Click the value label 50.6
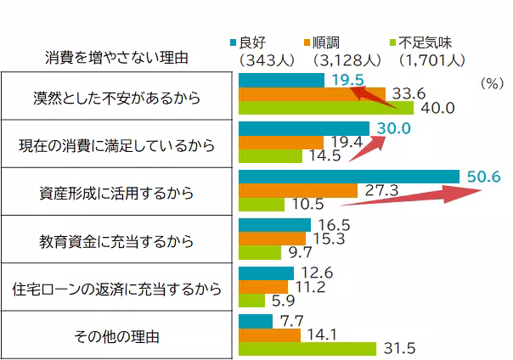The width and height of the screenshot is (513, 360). (484, 177)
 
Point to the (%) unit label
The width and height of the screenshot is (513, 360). (492, 84)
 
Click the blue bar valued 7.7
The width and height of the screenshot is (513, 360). (256, 319)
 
